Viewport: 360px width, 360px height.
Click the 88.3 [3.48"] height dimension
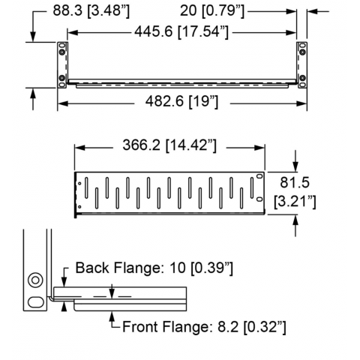(x=91, y=11)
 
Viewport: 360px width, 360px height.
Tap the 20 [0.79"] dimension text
(x=212, y=11)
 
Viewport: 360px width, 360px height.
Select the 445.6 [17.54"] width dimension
(x=181, y=32)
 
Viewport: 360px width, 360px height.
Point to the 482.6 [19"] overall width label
(x=181, y=102)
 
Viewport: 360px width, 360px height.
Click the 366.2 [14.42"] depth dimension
(x=169, y=145)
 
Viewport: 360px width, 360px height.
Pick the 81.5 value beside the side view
(x=295, y=182)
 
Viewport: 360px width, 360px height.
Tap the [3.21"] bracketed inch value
(x=295, y=202)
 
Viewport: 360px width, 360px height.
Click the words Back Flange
(x=117, y=268)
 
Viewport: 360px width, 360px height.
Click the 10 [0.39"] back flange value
(x=201, y=268)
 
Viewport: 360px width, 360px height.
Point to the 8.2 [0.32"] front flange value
(x=252, y=327)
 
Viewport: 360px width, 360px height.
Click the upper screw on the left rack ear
(x=61, y=52)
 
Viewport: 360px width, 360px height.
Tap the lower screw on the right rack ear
(x=302, y=77)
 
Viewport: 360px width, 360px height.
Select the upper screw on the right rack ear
(x=302, y=52)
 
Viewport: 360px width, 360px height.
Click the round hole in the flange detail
(x=35, y=280)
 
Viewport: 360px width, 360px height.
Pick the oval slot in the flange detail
(x=36, y=302)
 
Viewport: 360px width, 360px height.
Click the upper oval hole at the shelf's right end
(x=259, y=176)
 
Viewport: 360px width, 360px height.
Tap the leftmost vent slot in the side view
(x=86, y=188)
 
